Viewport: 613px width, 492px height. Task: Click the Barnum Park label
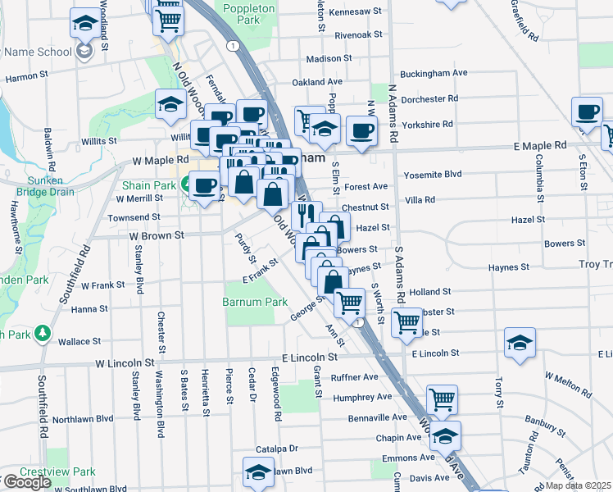254,302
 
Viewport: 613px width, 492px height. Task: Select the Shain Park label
149,186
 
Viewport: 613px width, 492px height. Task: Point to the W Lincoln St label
125,362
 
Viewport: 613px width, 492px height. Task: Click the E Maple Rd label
540,145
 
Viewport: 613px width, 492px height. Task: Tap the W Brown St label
155,235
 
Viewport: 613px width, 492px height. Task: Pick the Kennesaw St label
356,13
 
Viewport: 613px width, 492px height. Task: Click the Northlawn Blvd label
83,419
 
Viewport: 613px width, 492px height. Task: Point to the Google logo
26,482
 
